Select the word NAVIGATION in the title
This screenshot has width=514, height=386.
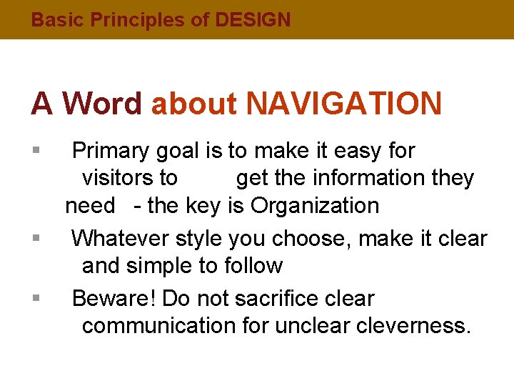point(344,104)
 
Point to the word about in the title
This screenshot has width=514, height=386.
point(194,104)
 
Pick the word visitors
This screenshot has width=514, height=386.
point(130,178)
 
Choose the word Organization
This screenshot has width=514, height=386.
point(315,206)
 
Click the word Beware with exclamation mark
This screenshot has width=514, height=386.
point(114,298)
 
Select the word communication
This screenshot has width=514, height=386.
point(158,326)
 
